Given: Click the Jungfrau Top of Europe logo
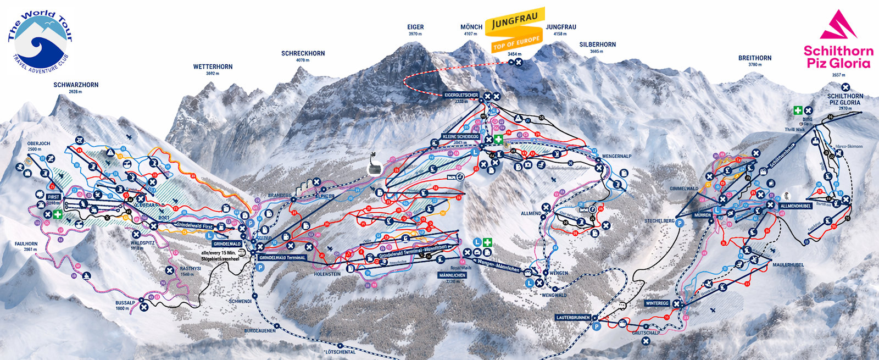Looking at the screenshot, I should [x=516, y=30].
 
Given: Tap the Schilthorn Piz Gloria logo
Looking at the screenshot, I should [x=838, y=41].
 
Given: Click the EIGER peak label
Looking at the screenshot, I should [x=415, y=27].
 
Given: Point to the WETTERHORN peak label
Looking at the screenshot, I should [x=213, y=67].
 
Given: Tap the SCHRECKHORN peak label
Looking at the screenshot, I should [x=303, y=53].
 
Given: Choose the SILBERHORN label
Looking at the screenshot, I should [x=597, y=45].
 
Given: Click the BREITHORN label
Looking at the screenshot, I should [x=755, y=58].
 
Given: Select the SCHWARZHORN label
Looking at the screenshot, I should [x=76, y=85].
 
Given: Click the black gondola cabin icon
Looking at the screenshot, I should [x=374, y=163].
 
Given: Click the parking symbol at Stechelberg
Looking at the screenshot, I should [x=680, y=223].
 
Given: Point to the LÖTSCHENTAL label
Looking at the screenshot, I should [x=341, y=351].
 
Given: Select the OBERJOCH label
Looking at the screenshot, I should [x=38, y=143].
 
